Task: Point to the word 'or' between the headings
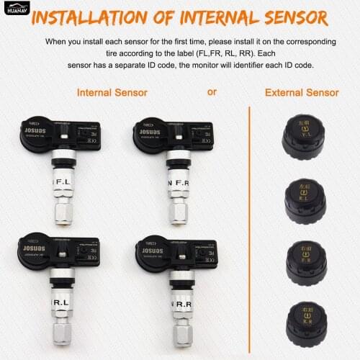[211, 92]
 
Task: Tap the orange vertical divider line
[249, 230]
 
